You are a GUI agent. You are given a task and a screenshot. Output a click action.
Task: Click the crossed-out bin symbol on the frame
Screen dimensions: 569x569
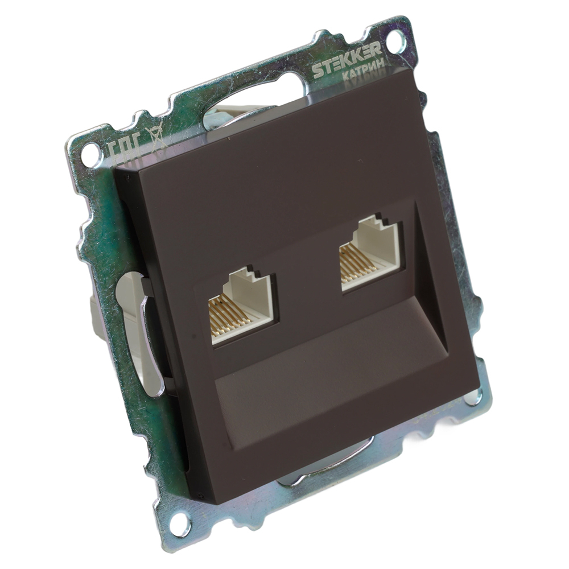pyautogui.click(x=158, y=139)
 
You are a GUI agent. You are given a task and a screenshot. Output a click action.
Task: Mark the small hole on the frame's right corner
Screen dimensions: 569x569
pyautogui.click(x=472, y=397)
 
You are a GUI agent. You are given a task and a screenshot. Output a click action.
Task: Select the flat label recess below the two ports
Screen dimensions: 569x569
pyautogui.click(x=319, y=393)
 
